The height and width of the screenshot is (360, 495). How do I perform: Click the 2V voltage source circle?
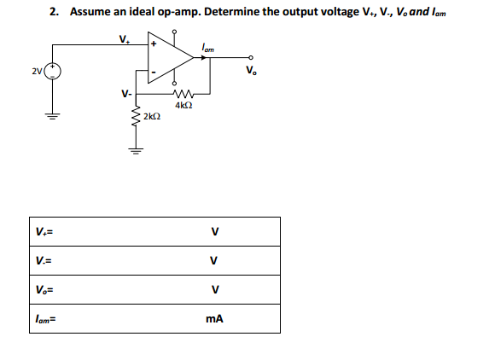tap(52, 71)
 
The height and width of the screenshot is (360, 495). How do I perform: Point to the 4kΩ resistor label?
tap(181, 105)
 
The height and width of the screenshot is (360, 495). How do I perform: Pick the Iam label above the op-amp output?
tap(208, 46)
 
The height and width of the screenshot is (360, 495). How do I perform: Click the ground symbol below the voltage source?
tap(52, 118)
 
